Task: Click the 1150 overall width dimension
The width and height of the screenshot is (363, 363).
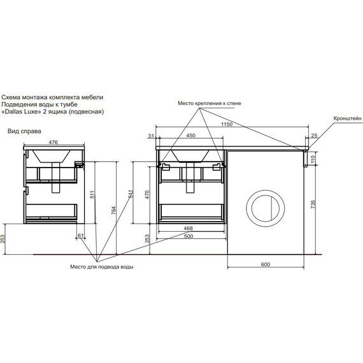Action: pos(227,124)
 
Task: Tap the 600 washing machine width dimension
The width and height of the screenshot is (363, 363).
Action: pos(266,264)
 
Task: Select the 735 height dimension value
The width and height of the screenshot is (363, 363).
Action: pos(313,204)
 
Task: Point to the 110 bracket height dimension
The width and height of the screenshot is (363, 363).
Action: pos(313,159)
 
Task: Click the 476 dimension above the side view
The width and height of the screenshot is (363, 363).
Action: pos(53,142)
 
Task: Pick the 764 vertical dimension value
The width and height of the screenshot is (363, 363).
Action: pos(113,210)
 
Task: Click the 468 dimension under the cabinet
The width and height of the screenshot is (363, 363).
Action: pos(189,228)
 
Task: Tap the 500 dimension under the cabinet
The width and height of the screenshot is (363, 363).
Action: pos(189,236)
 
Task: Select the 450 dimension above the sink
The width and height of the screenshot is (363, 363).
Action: pos(191,136)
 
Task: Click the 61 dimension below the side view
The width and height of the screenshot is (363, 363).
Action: pos(81,236)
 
